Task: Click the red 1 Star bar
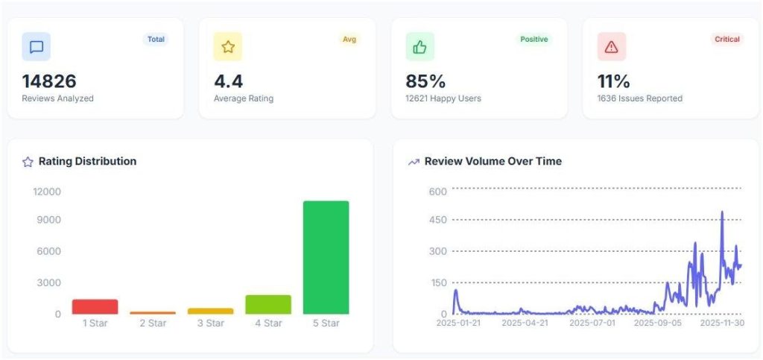[95, 306]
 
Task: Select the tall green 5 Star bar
[326, 257]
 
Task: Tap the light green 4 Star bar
[268, 305]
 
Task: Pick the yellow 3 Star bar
[210, 311]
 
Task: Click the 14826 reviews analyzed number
[49, 81]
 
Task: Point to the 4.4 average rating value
[228, 81]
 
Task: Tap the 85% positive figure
[425, 81]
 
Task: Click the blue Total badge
[156, 40]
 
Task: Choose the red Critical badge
[727, 40]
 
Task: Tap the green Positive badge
[534, 40]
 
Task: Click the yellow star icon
[228, 47]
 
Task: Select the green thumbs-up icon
[420, 47]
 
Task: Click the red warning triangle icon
[611, 47]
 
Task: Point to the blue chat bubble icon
[37, 47]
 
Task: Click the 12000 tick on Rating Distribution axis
[47, 192]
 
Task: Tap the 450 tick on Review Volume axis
[437, 220]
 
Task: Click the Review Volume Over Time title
[493, 161]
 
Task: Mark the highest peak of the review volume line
[722, 212]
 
